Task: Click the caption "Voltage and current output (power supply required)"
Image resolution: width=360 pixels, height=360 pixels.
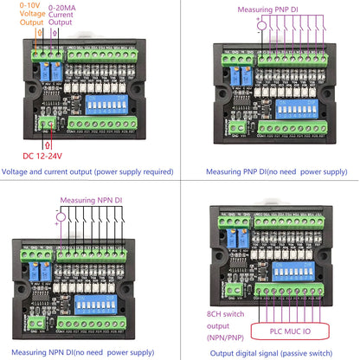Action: pos(89,172)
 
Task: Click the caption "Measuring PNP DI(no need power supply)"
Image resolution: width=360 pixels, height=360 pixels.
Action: pos(269,172)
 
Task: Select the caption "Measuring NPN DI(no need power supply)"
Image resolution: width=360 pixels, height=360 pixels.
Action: pos(89,352)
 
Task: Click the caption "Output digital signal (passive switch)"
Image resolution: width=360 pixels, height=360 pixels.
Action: pos(269,352)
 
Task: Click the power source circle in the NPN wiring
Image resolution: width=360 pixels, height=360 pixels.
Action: pos(61,214)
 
